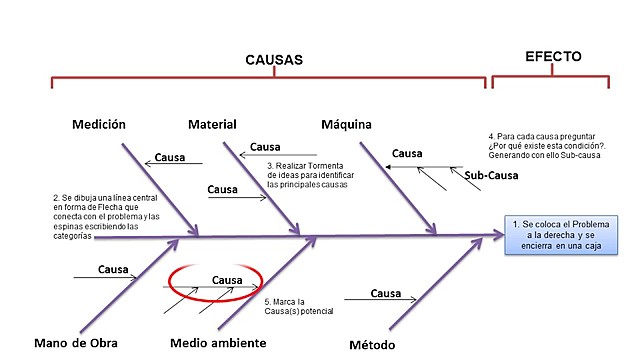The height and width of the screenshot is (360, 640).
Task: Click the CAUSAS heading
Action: [x=274, y=60]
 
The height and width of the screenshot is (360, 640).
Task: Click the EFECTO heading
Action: [x=553, y=57]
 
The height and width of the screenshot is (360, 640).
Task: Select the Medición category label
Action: [x=98, y=125]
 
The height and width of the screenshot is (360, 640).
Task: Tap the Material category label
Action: [x=212, y=125]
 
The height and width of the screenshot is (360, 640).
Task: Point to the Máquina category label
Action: [x=346, y=125]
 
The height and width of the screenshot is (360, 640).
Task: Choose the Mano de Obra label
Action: [x=75, y=343]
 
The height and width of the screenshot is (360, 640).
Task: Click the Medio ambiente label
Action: [x=218, y=343]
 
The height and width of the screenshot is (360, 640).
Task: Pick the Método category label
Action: [x=372, y=345]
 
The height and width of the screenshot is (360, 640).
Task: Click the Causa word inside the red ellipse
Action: [x=228, y=281]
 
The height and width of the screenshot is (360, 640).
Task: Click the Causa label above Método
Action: [x=386, y=293]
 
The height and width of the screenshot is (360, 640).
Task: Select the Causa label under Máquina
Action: [x=407, y=154]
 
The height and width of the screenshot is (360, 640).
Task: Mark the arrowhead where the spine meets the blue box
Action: [x=500, y=236]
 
